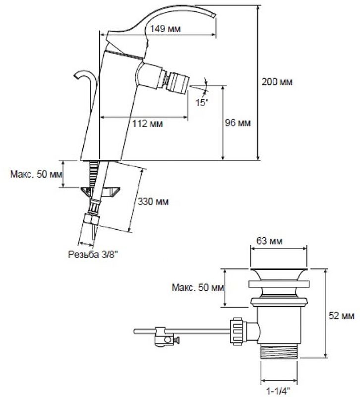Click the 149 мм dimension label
click(165, 29)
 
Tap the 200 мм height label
click(277, 82)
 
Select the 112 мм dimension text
click(147, 124)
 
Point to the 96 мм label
click(238, 123)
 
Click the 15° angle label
click(201, 102)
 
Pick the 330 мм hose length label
click(153, 201)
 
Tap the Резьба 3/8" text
click(93, 255)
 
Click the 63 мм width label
click(269, 241)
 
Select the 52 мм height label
click(341, 316)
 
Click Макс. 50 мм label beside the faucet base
click(36, 174)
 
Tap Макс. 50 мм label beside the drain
click(198, 287)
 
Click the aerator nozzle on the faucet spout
click(177, 81)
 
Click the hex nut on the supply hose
click(91, 219)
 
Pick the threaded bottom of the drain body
click(279, 351)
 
